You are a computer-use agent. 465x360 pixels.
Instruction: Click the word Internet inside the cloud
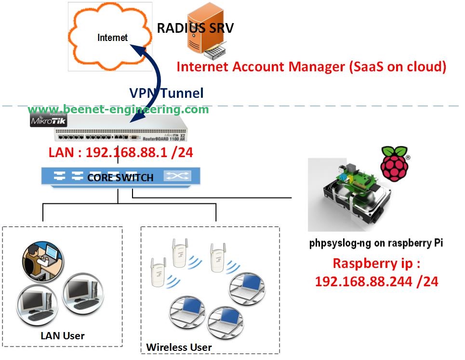112,38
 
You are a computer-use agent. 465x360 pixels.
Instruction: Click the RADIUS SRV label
195,27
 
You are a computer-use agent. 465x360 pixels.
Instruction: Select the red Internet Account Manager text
311,67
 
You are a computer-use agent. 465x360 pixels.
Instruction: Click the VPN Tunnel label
166,93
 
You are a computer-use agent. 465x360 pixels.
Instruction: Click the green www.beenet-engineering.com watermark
118,109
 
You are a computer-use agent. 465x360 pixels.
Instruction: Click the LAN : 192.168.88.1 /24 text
120,152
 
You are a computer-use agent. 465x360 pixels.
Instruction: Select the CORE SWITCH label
120,178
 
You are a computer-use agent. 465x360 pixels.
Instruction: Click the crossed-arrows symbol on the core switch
177,176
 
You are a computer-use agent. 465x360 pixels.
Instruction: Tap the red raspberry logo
394,163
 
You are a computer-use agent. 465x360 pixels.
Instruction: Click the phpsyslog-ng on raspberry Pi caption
375,243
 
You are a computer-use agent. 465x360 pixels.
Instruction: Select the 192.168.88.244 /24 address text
376,281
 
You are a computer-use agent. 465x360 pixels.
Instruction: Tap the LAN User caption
63,335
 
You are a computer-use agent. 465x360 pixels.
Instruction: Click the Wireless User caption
179,347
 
